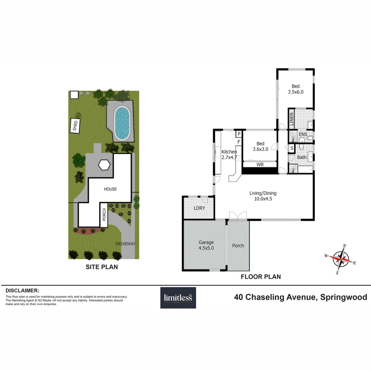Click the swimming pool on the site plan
click(122, 123)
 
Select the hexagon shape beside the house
click(104, 165)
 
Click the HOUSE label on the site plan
click(111, 189)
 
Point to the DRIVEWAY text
click(125, 244)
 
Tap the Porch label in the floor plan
click(238, 246)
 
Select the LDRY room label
click(199, 208)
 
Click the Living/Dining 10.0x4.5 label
click(263, 196)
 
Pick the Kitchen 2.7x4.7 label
click(229, 154)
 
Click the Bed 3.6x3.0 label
click(260, 146)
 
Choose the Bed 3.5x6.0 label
click(295, 89)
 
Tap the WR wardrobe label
click(260, 165)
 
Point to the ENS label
click(303, 134)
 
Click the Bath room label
click(302, 157)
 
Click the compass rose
click(341, 259)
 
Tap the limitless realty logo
click(178, 298)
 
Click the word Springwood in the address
click(344, 297)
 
